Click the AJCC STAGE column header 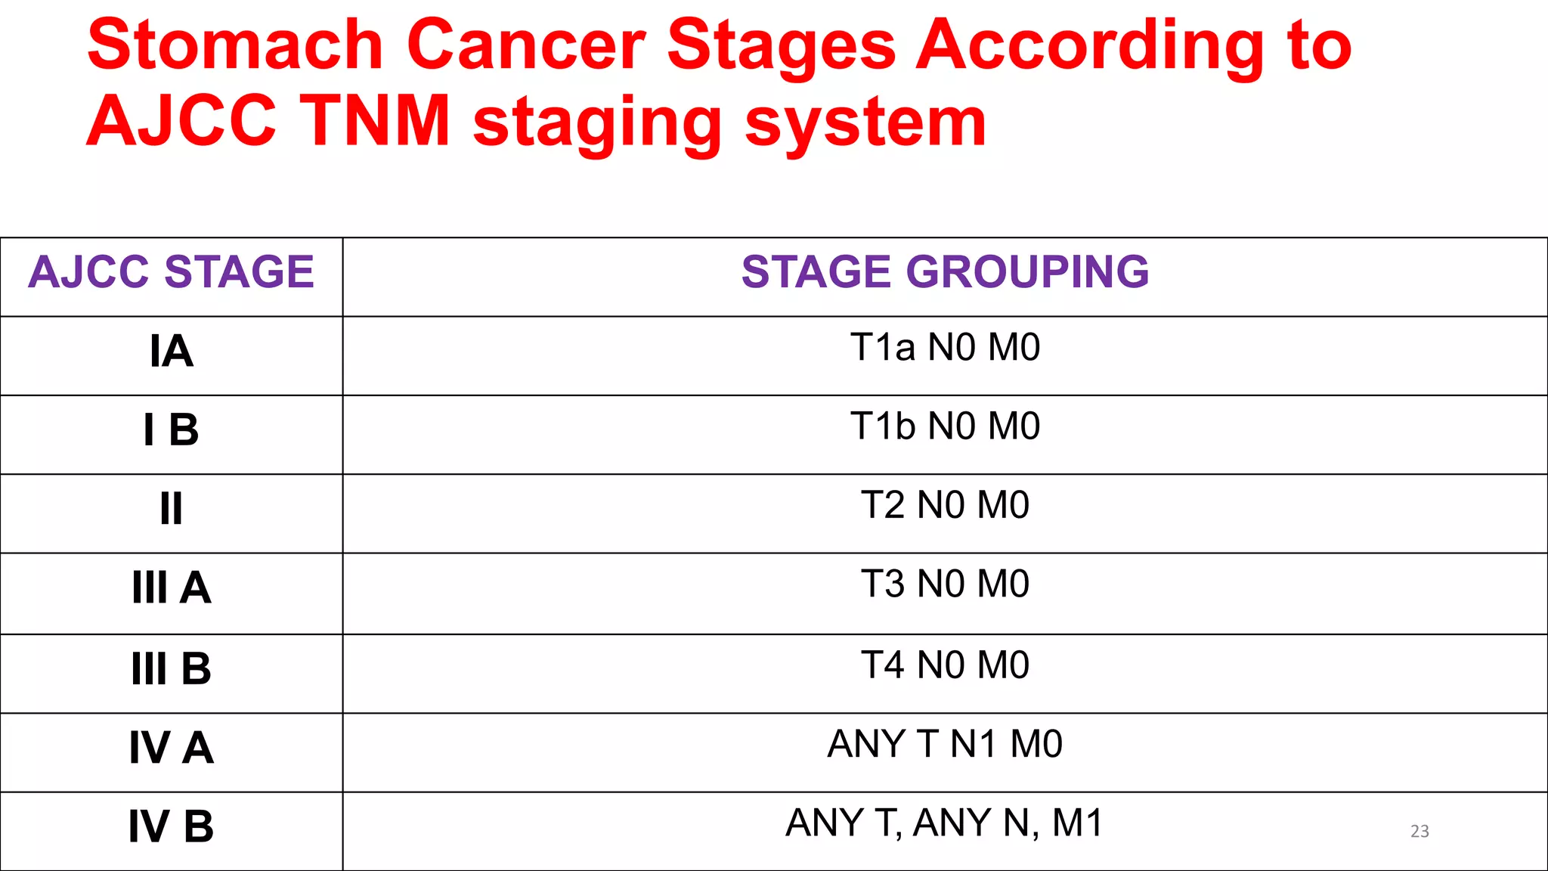point(171,272)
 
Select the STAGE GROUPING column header point(945,272)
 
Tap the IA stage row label point(172,352)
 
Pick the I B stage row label point(172,430)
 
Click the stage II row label point(172,509)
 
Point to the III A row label point(172,588)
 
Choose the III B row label point(172,669)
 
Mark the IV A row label point(172,749)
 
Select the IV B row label point(172,827)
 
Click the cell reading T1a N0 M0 point(945,348)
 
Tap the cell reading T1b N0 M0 point(945,426)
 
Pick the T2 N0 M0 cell point(945,505)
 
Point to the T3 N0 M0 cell point(945,584)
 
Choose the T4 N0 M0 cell point(945,665)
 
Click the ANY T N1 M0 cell point(945,745)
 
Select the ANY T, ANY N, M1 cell point(945,823)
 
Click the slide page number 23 point(1420,832)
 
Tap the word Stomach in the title point(235,45)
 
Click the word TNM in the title point(376,121)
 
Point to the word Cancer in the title point(526,45)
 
